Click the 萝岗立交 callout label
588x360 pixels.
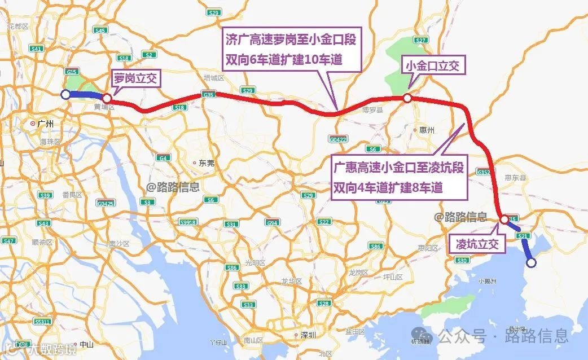click(136, 77)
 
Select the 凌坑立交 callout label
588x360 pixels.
click(475, 244)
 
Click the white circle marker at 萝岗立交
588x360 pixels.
click(106, 98)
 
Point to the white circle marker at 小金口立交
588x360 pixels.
click(407, 98)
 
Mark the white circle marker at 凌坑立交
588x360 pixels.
click(503, 218)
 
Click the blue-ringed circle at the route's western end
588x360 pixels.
click(65, 95)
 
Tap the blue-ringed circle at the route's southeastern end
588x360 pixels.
click(530, 262)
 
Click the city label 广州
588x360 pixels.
click(45, 124)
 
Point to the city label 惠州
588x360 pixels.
click(427, 130)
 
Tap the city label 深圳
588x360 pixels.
click(308, 335)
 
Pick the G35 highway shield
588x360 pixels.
click(208, 94)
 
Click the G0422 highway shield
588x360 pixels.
click(338, 138)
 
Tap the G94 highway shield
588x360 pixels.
click(273, 222)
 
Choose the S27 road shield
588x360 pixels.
click(420, 40)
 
